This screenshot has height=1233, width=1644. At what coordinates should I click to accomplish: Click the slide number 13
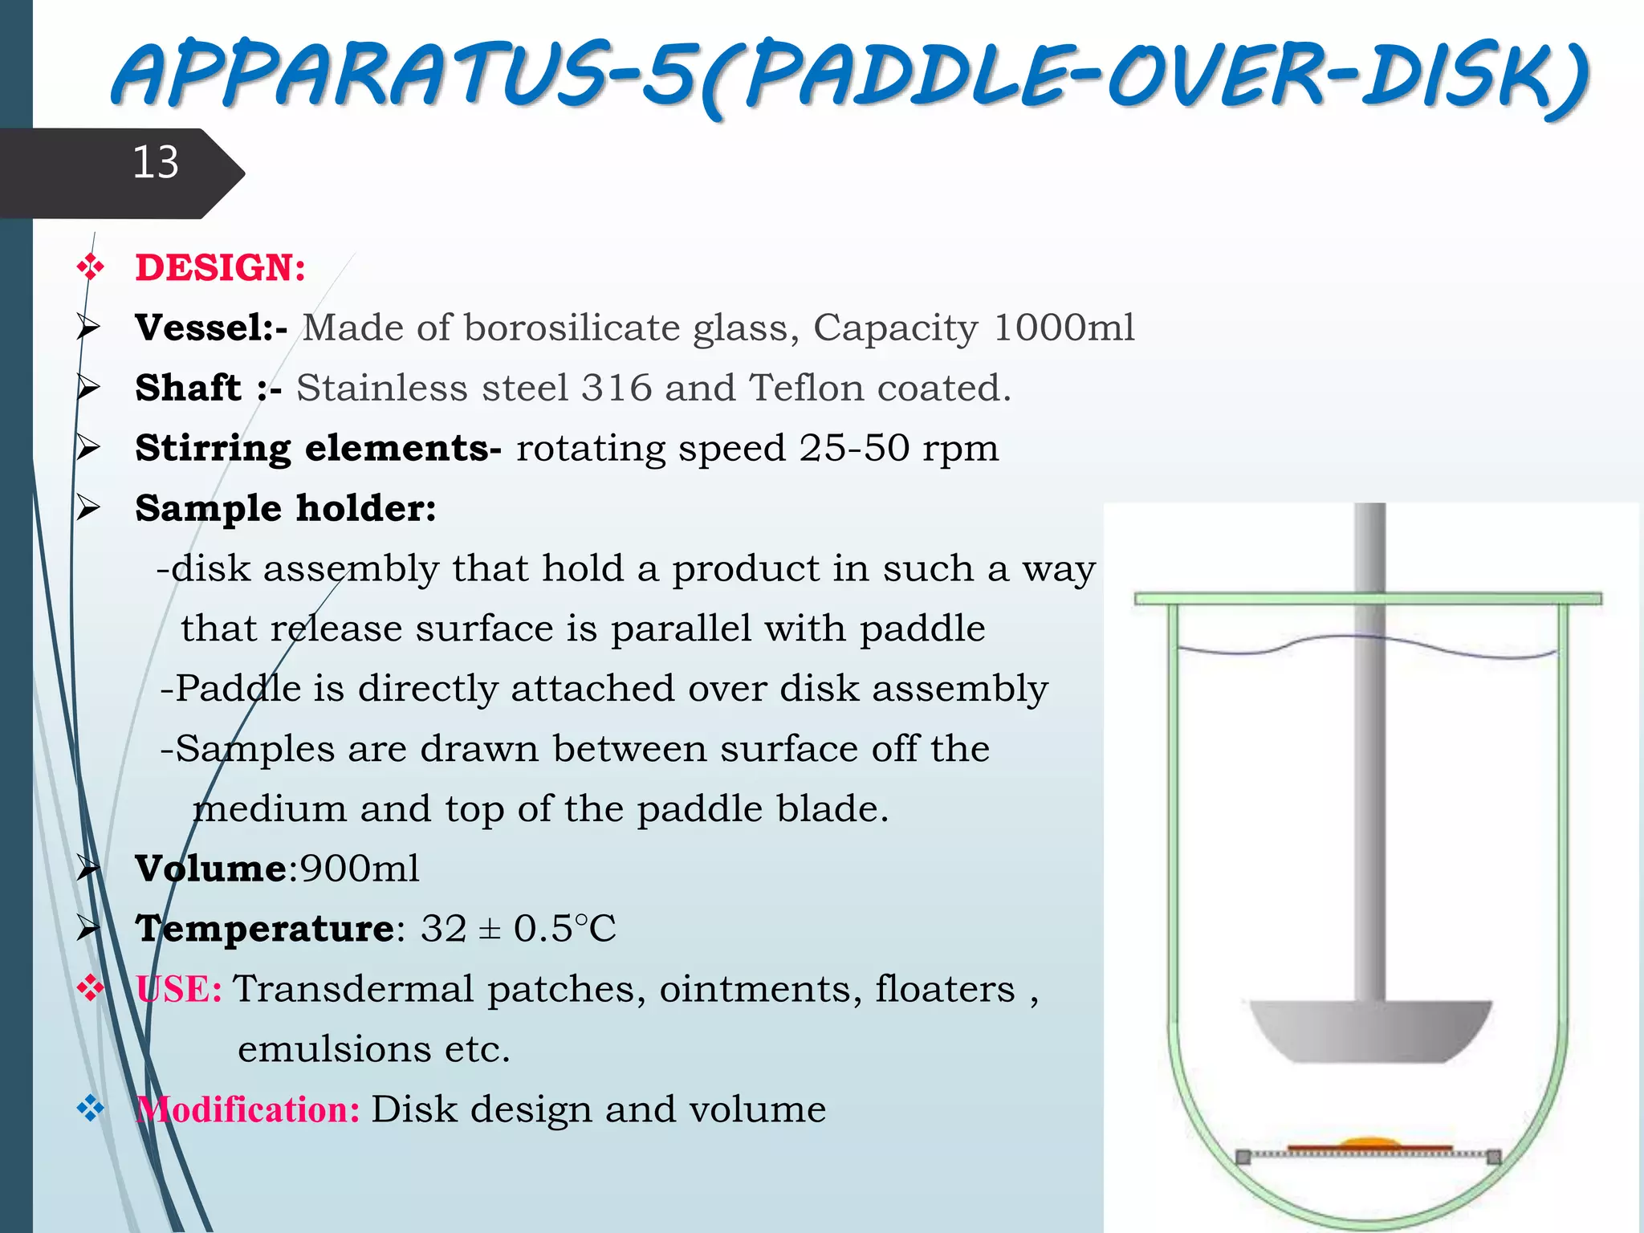click(x=155, y=163)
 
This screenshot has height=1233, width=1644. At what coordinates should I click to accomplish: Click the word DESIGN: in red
click(x=220, y=268)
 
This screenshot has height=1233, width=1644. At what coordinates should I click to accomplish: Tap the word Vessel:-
click(x=210, y=328)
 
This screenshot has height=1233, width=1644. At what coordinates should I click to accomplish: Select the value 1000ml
click(x=1064, y=328)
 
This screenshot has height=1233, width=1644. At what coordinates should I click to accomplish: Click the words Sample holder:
click(x=285, y=508)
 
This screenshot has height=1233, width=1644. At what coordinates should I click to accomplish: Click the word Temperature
click(x=265, y=929)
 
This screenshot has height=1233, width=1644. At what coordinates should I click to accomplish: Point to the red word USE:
click(x=178, y=989)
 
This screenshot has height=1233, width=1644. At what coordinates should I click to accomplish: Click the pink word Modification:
click(x=248, y=1109)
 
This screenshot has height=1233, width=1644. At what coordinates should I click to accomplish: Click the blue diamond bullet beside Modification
click(x=90, y=1109)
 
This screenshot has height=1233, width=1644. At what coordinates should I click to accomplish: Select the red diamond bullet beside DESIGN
click(x=90, y=267)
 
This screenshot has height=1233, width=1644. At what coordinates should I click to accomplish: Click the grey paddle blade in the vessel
click(x=1369, y=1032)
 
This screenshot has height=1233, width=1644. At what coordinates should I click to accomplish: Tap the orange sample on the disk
click(x=1369, y=1142)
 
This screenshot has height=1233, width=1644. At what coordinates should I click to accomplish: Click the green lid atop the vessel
click(x=1368, y=599)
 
